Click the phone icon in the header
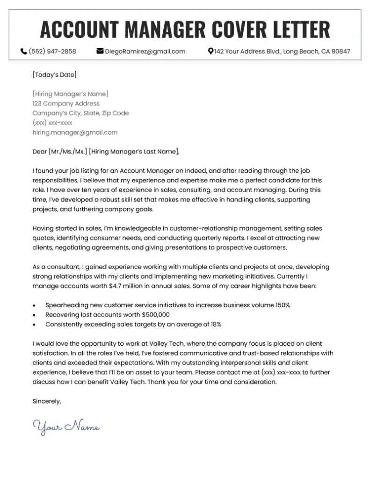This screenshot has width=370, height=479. pos(24,51)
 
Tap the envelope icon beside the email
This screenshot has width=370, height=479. pos(100,51)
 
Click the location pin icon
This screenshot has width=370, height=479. pos(210,51)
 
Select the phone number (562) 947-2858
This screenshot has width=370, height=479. pos(52,51)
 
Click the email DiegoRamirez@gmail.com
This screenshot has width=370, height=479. pos(145,51)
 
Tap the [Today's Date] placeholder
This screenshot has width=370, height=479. pos(55,74)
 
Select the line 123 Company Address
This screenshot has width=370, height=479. pos(66,103)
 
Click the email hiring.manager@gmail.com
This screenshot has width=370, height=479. pos(75,132)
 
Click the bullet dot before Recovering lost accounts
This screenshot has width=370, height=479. pos(35,315)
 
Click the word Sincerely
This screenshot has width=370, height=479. pos(47,401)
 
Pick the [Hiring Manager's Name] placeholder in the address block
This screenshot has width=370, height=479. pos(70,94)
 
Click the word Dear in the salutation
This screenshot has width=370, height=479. pos(40,151)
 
